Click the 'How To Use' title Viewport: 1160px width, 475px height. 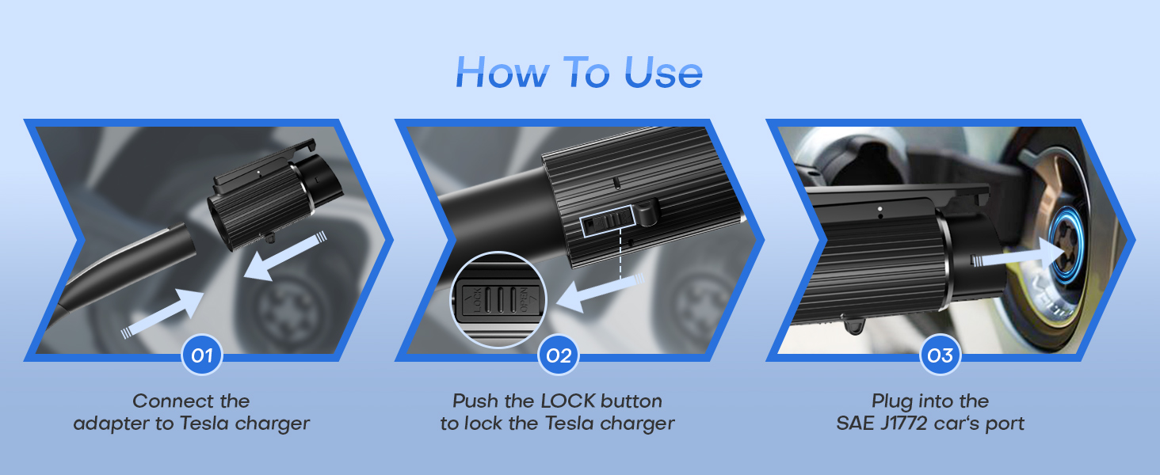(x=579, y=73)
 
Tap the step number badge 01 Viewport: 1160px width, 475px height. (x=202, y=355)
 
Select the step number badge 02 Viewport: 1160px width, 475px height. (x=559, y=355)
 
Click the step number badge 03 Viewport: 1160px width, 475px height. (x=940, y=355)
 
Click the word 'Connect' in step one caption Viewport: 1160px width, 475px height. (x=162, y=401)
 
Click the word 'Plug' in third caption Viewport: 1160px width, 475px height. (x=891, y=401)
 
